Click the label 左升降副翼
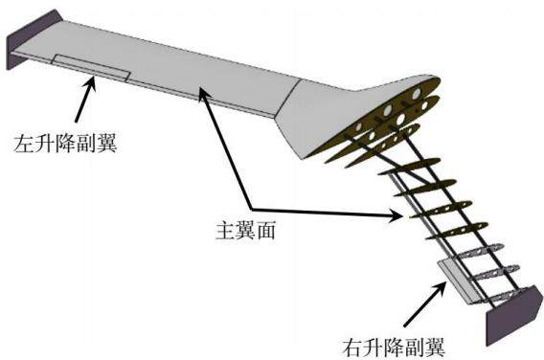(x=65, y=143)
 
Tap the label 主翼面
(x=245, y=231)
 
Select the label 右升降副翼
(x=394, y=348)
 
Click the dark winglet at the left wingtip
(x=33, y=39)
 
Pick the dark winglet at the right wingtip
(x=514, y=315)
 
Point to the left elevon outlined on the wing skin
(x=91, y=67)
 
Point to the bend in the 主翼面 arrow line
(x=251, y=209)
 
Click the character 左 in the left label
(x=24, y=143)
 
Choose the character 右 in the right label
(x=352, y=348)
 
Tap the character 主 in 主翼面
(x=225, y=231)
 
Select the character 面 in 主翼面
(x=266, y=231)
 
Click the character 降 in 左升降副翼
(x=65, y=143)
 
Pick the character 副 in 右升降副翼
(x=415, y=348)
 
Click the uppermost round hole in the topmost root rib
(x=416, y=93)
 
